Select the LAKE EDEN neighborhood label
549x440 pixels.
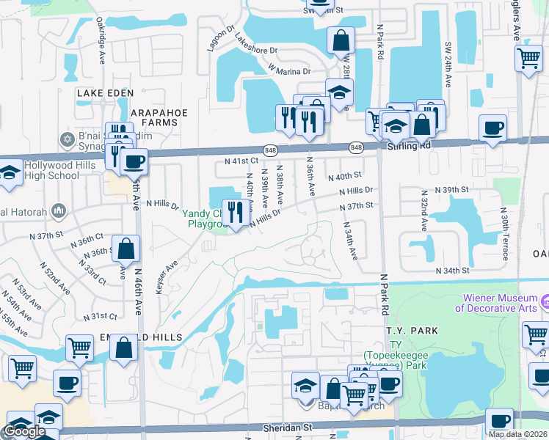[106, 93]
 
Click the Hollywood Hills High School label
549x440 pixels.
[51, 171]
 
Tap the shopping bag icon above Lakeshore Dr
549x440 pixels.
[341, 40]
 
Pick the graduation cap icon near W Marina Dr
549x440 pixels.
[339, 92]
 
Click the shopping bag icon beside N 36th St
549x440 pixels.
[126, 249]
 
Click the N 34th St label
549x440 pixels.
[452, 271]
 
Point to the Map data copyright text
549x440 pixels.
[517, 434]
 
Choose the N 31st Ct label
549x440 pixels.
[101, 316]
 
